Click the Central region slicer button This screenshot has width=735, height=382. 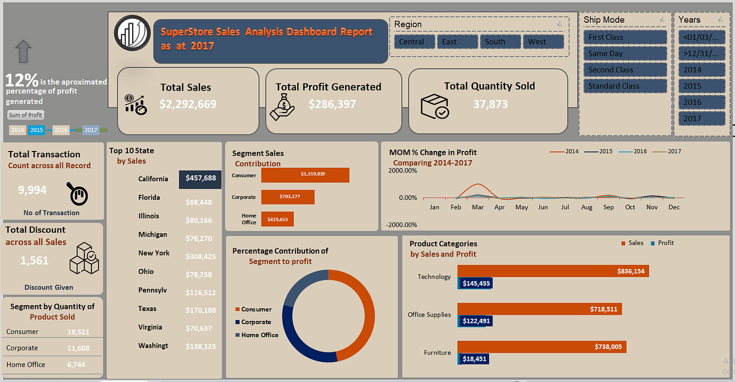[415, 42]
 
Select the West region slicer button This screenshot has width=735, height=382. [543, 42]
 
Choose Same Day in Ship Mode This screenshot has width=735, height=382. [625, 54]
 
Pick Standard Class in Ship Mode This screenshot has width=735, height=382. [625, 86]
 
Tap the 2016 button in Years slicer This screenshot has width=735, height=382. [701, 102]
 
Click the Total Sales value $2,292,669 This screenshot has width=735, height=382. [188, 104]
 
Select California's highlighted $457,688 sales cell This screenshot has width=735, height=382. [200, 178]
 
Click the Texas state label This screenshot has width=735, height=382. [147, 309]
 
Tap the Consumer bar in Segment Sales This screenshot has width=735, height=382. [305, 175]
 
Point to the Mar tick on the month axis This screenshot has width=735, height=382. [477, 207]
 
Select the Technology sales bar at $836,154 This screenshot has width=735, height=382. [553, 271]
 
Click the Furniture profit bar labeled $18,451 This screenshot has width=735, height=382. [474, 359]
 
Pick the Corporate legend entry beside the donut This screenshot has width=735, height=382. [255, 322]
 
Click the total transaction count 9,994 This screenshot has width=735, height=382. [32, 190]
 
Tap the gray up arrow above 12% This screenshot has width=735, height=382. [24, 51]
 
